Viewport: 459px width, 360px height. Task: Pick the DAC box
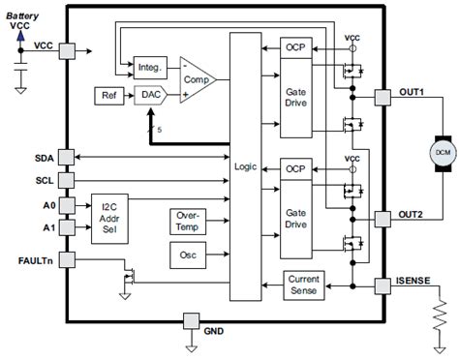pos(148,95)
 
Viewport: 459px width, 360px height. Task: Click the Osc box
pos(186,254)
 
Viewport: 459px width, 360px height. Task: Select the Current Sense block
pos(301,285)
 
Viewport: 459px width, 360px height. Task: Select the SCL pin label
pos(44,179)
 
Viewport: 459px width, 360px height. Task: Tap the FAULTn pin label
pos(37,259)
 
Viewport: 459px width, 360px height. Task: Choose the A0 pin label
pos(47,206)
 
